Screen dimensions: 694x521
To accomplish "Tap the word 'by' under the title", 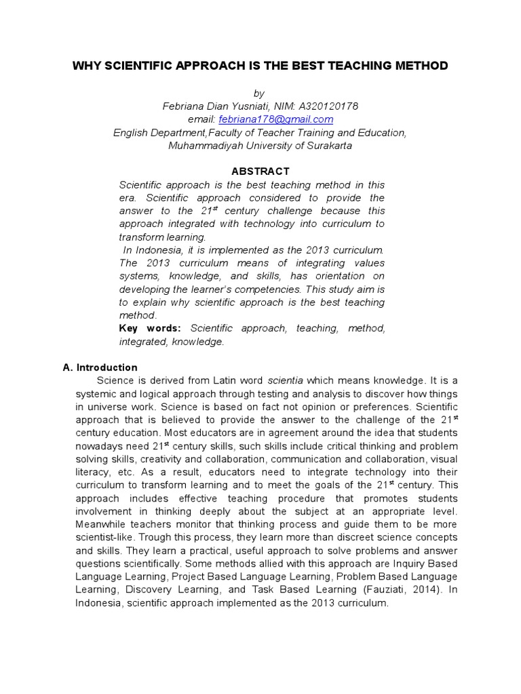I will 260,93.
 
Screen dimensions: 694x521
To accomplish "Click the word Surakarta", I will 329,146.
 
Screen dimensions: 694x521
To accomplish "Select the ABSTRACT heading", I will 260,171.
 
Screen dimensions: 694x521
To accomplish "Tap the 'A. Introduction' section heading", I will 100,367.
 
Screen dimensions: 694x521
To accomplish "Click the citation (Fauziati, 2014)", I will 390,590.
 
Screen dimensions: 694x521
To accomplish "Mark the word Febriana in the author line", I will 183,106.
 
